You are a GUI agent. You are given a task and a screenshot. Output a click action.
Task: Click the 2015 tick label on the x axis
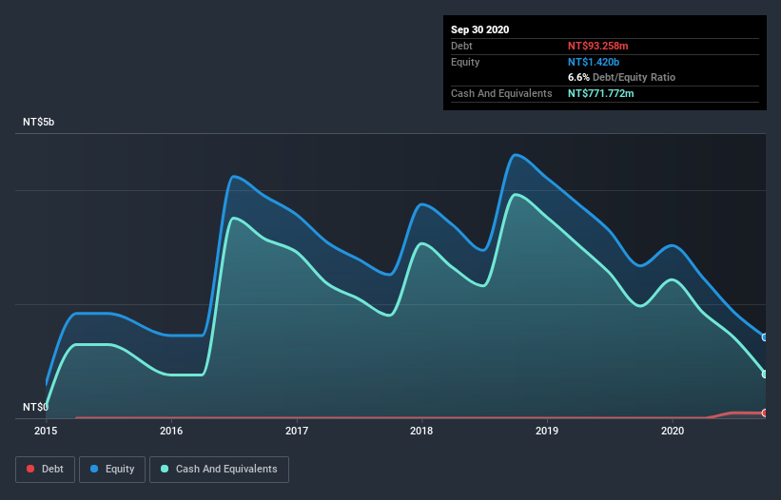(46, 431)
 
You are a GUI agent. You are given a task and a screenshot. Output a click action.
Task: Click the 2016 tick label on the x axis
(171, 431)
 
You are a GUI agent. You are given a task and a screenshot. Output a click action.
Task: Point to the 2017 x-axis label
(297, 431)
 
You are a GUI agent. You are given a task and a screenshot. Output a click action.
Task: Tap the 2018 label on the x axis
(421, 431)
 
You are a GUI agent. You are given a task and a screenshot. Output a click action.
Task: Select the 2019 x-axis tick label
(547, 431)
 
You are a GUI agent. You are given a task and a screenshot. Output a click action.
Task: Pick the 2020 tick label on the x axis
(673, 431)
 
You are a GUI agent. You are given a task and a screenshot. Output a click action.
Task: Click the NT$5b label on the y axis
(39, 123)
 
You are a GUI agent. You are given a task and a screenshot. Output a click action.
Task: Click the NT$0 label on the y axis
(34, 407)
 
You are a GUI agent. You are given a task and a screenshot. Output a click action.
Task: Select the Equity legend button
(113, 469)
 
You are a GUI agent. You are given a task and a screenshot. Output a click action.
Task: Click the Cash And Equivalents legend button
(219, 469)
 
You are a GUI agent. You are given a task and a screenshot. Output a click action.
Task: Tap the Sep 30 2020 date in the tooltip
(479, 29)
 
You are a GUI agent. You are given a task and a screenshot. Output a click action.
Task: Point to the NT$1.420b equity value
(594, 62)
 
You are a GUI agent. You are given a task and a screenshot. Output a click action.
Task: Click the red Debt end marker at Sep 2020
(764, 413)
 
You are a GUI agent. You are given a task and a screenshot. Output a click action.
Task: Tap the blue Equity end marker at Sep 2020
(764, 337)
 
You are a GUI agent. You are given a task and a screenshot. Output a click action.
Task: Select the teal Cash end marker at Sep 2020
(764, 374)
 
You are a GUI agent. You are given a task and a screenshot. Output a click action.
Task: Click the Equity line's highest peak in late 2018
(516, 155)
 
